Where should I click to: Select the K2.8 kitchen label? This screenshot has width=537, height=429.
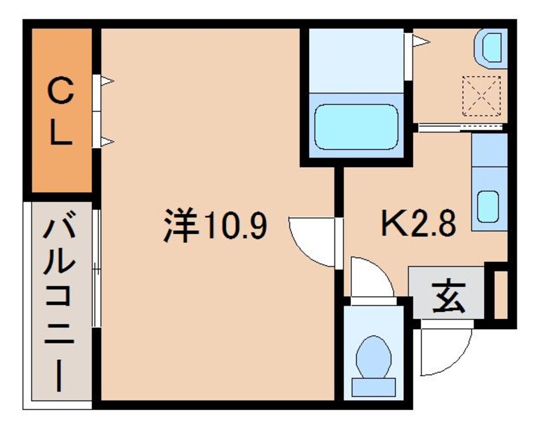pos(418,224)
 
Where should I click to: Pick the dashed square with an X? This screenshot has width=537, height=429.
pos(481,95)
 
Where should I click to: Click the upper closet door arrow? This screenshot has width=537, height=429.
pos(107,81)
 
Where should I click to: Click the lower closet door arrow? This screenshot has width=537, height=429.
pos(107,140)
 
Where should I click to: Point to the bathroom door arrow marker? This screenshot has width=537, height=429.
pos(421,42)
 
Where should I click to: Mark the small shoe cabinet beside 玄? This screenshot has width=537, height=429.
pos(500,296)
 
